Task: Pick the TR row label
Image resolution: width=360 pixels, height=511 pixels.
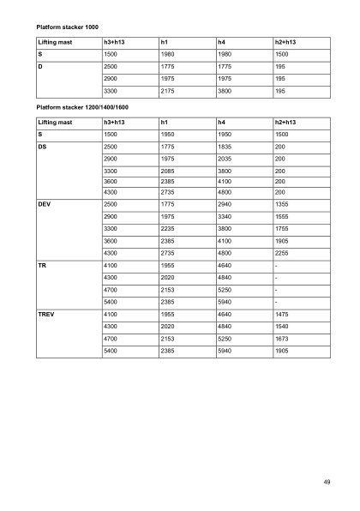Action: click(x=42, y=267)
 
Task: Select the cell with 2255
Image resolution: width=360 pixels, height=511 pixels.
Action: click(x=281, y=254)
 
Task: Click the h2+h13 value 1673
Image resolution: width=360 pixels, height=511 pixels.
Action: click(x=281, y=339)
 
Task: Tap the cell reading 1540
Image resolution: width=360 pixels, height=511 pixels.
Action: click(x=281, y=327)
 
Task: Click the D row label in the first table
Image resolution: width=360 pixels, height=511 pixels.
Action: click(x=41, y=65)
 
